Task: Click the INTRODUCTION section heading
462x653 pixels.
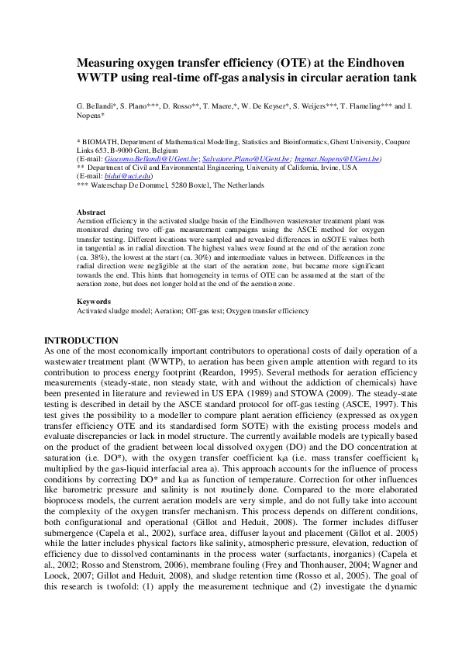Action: pyautogui.click(x=81, y=340)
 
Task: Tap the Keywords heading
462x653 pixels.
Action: pyautogui.click(x=94, y=302)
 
